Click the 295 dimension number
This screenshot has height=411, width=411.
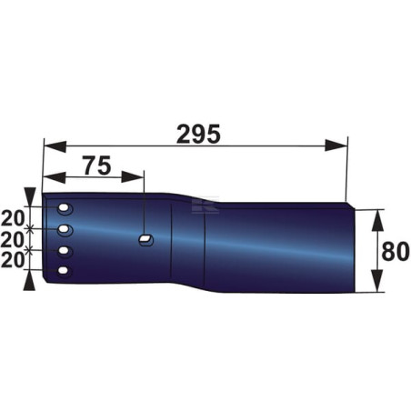198,135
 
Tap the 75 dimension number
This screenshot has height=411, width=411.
97,165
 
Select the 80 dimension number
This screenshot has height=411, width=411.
396,251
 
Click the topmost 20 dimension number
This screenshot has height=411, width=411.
13,218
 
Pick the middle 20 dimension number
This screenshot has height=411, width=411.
13,239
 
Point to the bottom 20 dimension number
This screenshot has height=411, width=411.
13,260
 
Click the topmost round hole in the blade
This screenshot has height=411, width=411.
64,208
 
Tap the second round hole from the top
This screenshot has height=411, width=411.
64,229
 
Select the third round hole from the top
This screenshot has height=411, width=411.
64,251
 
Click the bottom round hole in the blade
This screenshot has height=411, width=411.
63,270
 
